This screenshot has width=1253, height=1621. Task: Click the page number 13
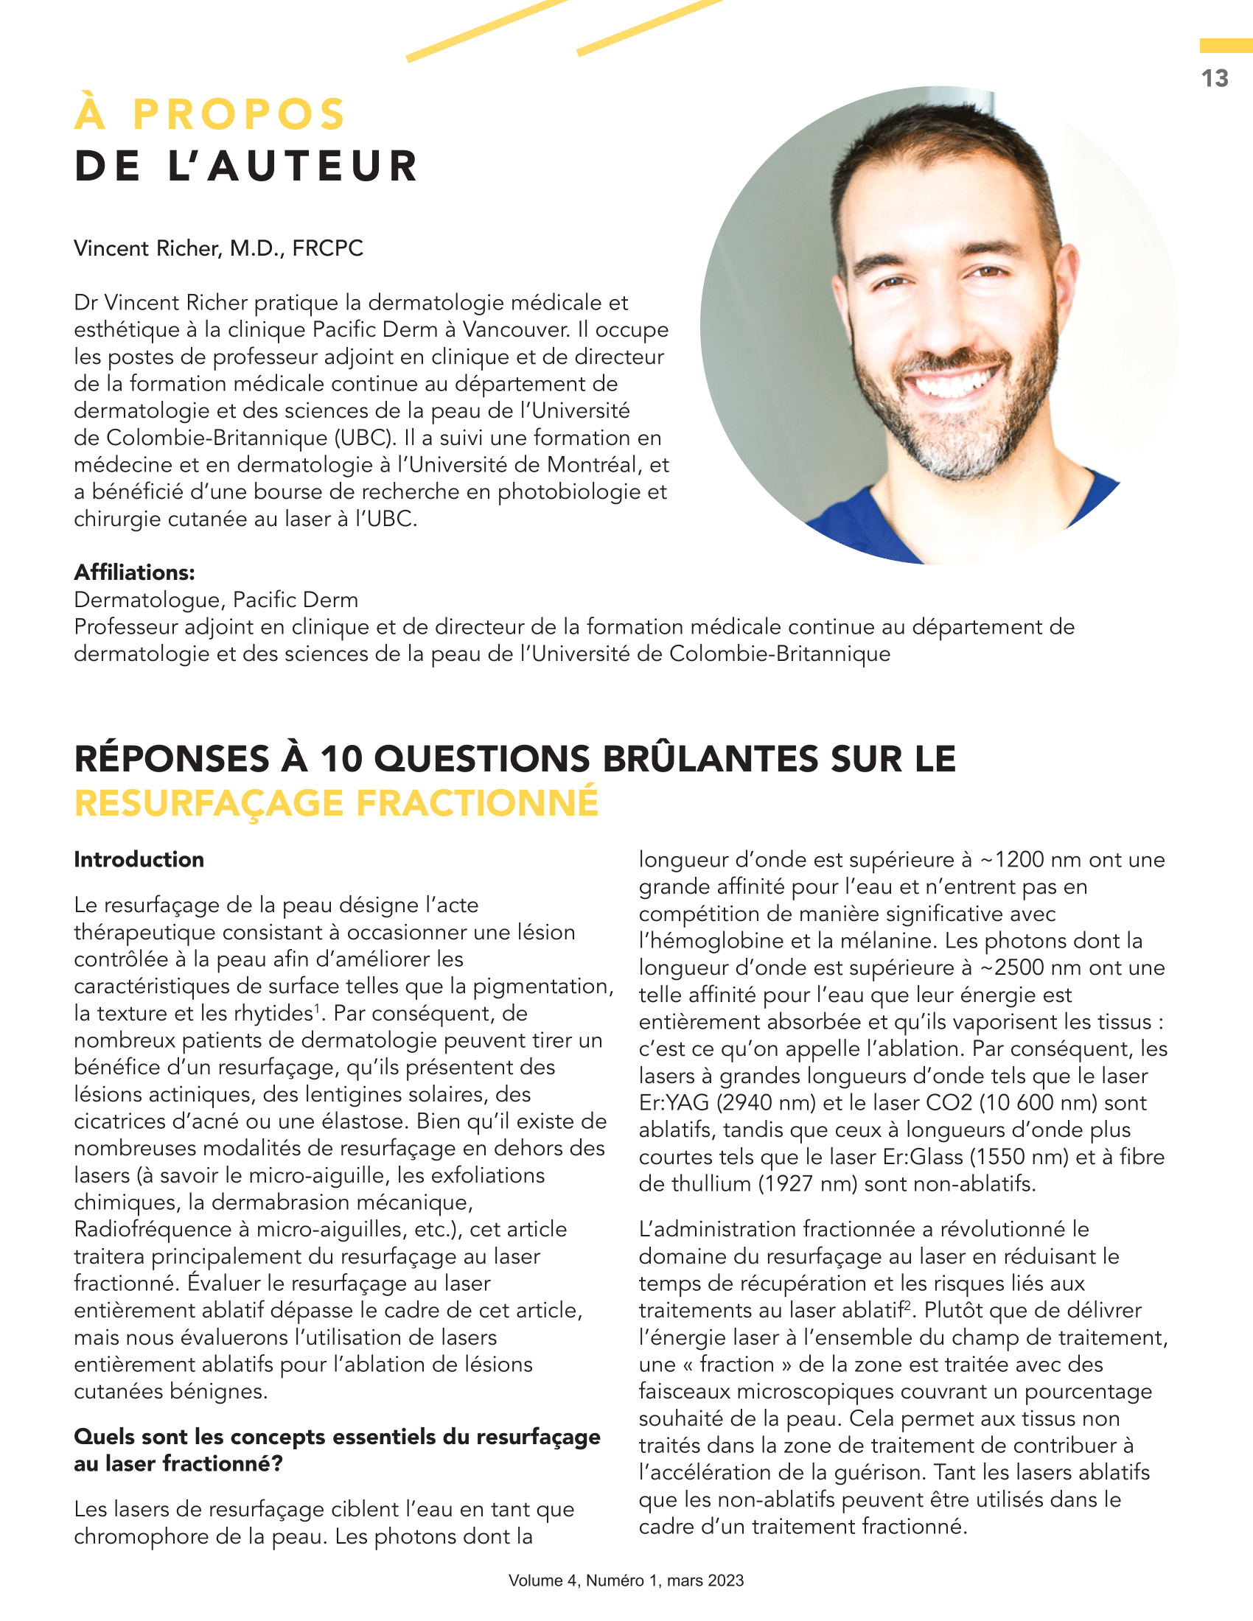[1215, 79]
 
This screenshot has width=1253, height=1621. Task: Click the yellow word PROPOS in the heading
[239, 114]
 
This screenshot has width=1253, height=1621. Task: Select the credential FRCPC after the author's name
[327, 248]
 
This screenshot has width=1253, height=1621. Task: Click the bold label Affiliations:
[134, 573]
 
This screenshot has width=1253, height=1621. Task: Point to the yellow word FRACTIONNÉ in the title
[478, 803]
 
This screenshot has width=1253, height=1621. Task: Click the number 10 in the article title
[340, 758]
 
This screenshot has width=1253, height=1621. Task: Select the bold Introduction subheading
[139, 859]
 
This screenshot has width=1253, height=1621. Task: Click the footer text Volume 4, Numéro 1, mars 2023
[626, 1581]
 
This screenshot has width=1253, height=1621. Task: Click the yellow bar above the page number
[1226, 46]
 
